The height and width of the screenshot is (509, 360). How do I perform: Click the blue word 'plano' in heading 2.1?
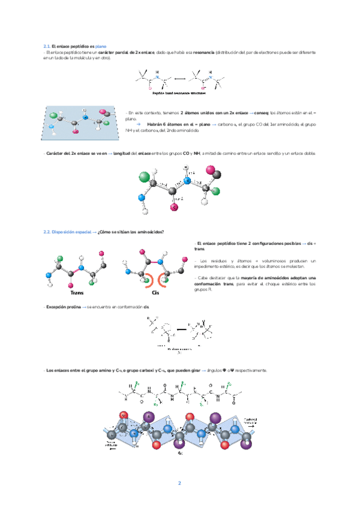coord(101,47)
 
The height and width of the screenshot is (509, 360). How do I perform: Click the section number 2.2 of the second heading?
coord(47,232)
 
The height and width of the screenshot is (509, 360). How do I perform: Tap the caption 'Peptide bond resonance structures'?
coord(179,93)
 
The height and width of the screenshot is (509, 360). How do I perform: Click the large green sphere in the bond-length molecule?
coord(143,177)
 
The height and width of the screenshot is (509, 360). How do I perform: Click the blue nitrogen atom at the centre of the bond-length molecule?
coord(187,180)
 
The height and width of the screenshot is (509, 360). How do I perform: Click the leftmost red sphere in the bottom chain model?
coord(123,415)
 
